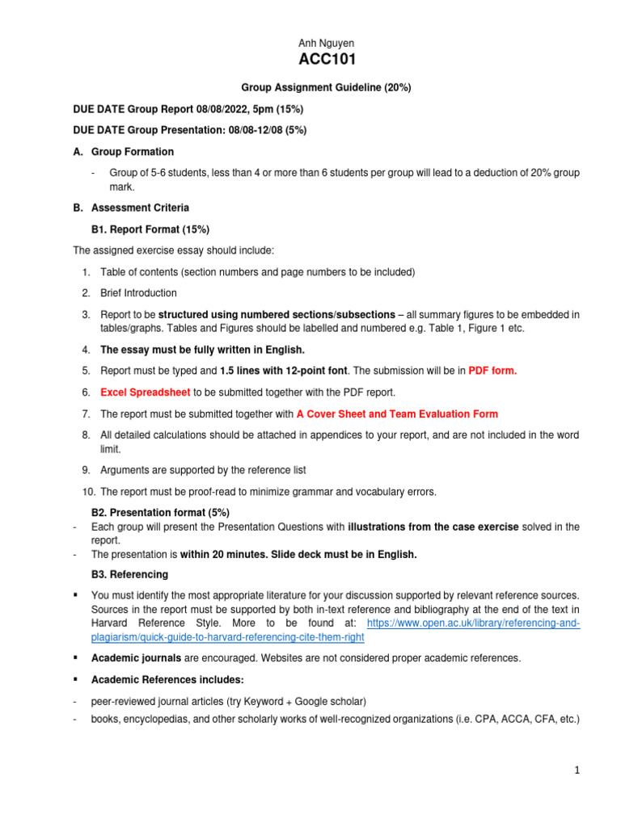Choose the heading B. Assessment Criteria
tap(131, 208)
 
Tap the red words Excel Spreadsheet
tap(146, 392)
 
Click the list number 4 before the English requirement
tap(86, 350)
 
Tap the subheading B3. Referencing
tap(130, 574)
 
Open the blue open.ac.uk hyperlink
tap(473, 623)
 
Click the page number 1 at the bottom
tap(577, 770)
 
